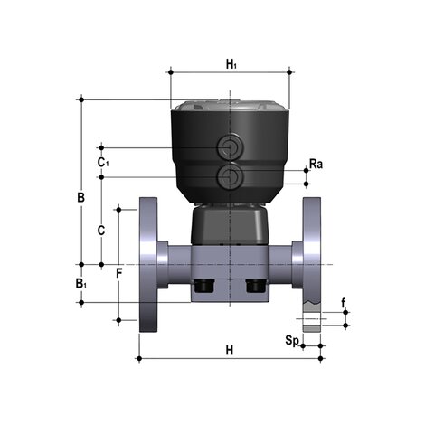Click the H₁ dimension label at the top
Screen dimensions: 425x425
(x=231, y=63)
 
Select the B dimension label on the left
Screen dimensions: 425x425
(x=80, y=196)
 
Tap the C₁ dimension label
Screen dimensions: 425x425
(x=103, y=162)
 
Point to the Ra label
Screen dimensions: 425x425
(x=316, y=164)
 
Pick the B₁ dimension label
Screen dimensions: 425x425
(x=80, y=284)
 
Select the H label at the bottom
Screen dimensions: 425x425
(x=230, y=348)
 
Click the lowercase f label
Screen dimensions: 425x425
(x=343, y=302)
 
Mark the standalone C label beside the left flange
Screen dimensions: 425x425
(x=101, y=230)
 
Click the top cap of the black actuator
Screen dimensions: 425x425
(x=230, y=104)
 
